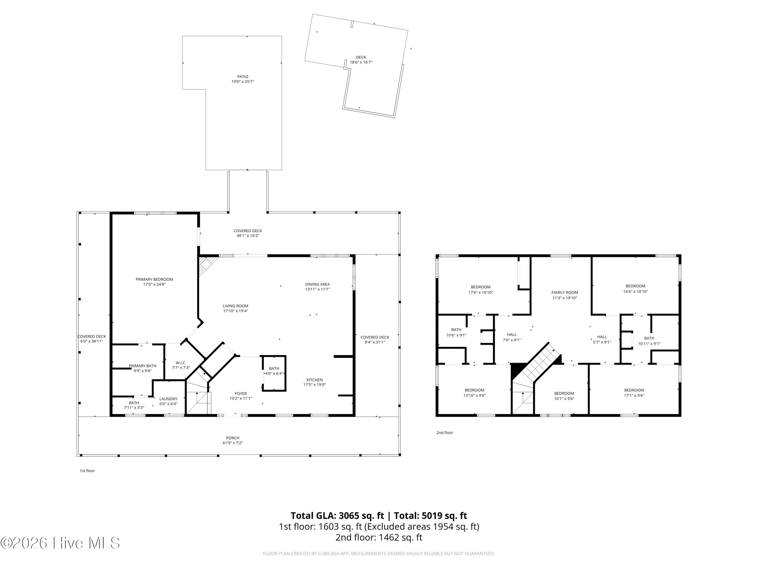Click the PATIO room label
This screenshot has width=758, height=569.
tap(243, 76)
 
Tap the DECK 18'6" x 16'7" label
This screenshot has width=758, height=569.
tap(361, 60)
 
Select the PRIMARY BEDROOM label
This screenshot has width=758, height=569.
tap(154, 279)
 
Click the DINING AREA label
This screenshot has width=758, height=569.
tap(317, 284)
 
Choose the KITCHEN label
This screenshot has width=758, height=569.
tap(315, 380)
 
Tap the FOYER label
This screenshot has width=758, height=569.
tap(241, 393)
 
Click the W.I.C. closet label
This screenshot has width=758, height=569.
tap(181, 363)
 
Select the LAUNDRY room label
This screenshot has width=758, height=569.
tap(168, 399)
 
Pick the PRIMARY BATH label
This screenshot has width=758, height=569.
tap(143, 366)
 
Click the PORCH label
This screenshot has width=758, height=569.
tap(233, 438)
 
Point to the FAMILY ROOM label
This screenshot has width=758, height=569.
tap(564, 292)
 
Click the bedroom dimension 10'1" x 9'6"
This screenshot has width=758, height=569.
tap(564, 399)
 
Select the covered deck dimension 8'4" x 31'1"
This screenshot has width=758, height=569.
tap(375, 342)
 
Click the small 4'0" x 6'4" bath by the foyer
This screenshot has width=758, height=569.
tap(274, 374)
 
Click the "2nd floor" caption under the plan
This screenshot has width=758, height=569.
tap(444, 432)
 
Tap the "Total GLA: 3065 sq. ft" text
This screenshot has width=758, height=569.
tap(338, 515)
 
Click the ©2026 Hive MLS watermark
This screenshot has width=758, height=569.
tap(60, 543)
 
